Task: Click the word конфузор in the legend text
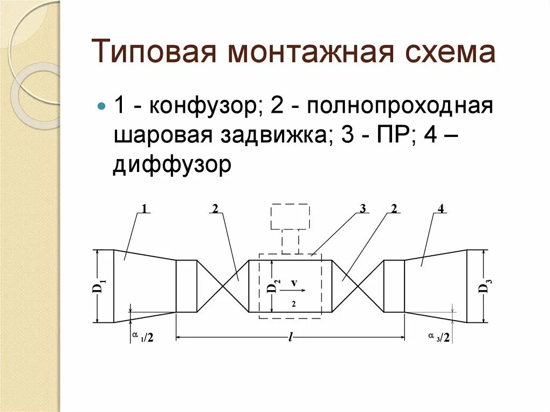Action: point(204,105)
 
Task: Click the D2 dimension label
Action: point(273,287)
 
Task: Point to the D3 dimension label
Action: point(483,286)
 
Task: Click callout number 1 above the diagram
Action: point(144,209)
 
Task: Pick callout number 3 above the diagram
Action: point(363,209)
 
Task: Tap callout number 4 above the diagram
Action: point(440,209)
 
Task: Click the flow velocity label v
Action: point(294,283)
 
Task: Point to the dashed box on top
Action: point(290,216)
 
